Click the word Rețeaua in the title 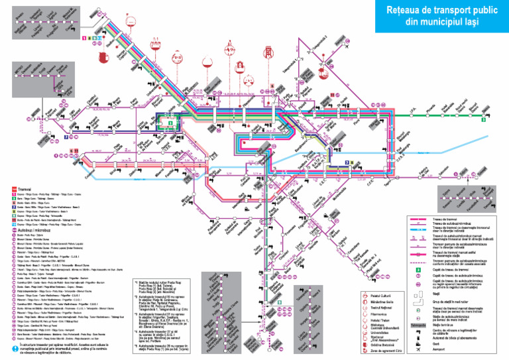point(406,11)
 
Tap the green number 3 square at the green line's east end point(484,120)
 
